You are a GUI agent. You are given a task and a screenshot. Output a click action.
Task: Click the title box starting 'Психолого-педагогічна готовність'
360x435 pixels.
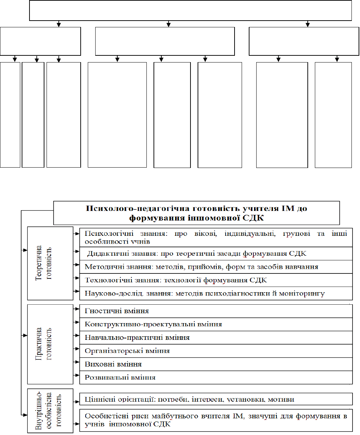[x=197, y=213]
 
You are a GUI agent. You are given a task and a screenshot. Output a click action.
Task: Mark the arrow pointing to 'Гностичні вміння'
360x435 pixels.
[x=76, y=309]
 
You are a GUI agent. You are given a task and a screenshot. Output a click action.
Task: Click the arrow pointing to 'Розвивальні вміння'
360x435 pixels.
[x=76, y=375]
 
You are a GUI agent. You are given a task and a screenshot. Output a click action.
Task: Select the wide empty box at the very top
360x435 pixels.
[x=190, y=11]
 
